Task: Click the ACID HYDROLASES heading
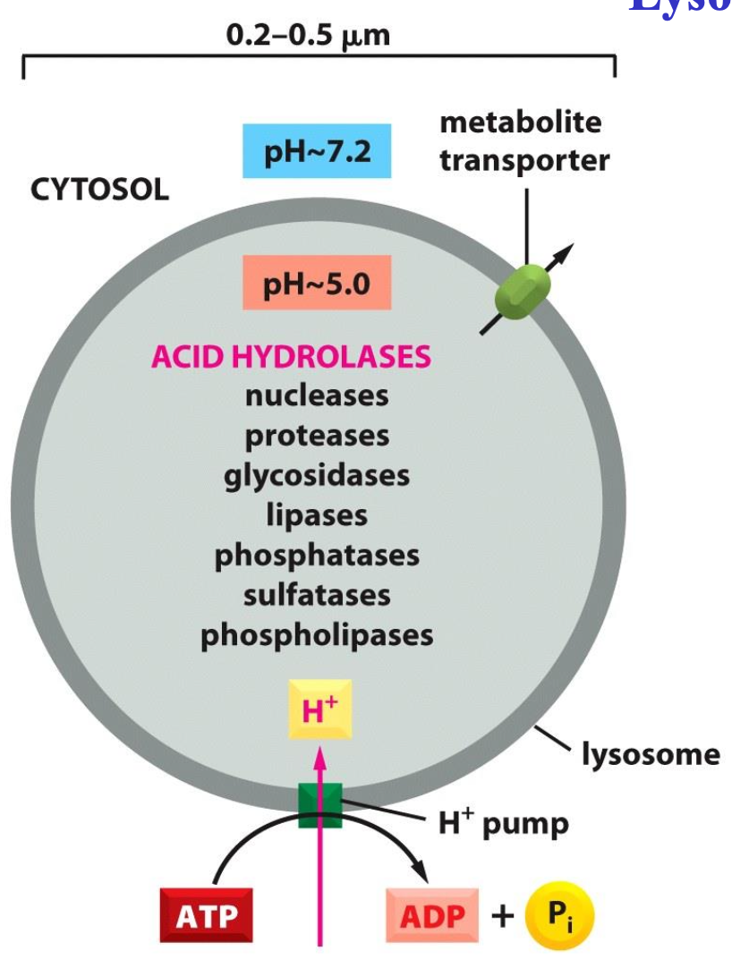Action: coord(291,357)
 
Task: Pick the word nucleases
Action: coord(317,395)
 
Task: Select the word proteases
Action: coord(317,435)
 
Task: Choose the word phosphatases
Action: coord(317,555)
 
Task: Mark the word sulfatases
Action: coord(317,594)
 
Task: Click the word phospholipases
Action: coord(317,634)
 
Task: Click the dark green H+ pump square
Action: coord(319,804)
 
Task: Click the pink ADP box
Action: coord(431,914)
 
